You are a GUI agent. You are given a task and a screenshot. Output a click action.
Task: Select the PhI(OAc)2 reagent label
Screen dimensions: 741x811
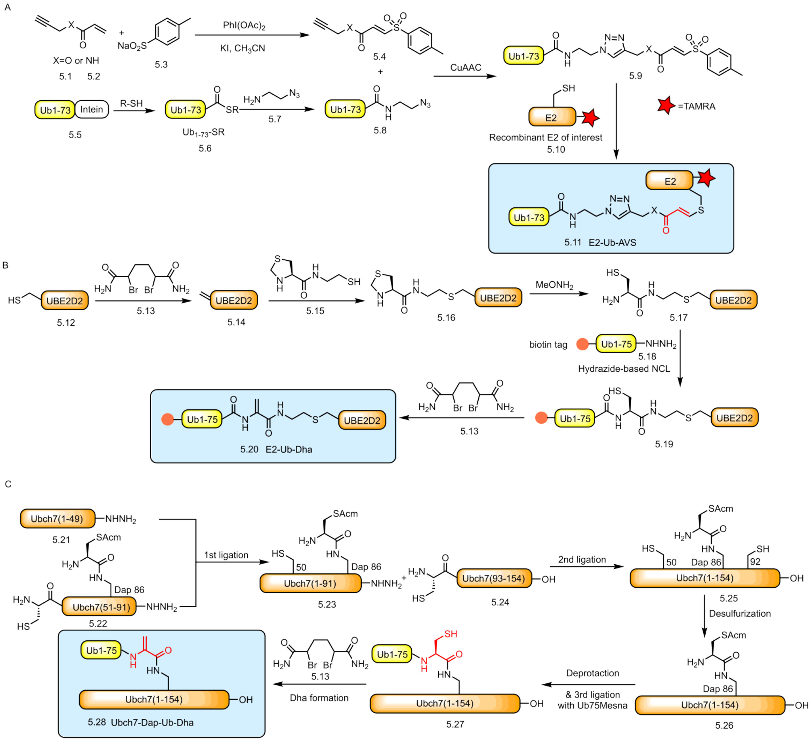(x=244, y=26)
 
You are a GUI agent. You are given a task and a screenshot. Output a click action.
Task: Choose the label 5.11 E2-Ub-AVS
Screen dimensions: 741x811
(x=600, y=243)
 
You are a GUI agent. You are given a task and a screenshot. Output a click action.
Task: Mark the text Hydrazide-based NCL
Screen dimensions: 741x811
(x=624, y=369)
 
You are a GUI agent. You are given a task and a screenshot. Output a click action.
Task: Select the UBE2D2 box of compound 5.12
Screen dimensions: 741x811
(x=65, y=301)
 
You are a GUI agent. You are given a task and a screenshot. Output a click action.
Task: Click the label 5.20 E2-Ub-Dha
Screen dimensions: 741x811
(x=276, y=449)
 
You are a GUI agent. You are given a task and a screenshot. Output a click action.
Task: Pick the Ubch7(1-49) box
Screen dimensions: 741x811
(x=57, y=519)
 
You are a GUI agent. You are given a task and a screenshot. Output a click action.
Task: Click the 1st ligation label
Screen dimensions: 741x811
(x=226, y=555)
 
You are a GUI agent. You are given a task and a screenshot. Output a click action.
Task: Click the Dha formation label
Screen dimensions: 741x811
(x=319, y=698)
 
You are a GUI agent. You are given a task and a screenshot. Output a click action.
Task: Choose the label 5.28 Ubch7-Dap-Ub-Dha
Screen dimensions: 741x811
(x=140, y=722)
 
